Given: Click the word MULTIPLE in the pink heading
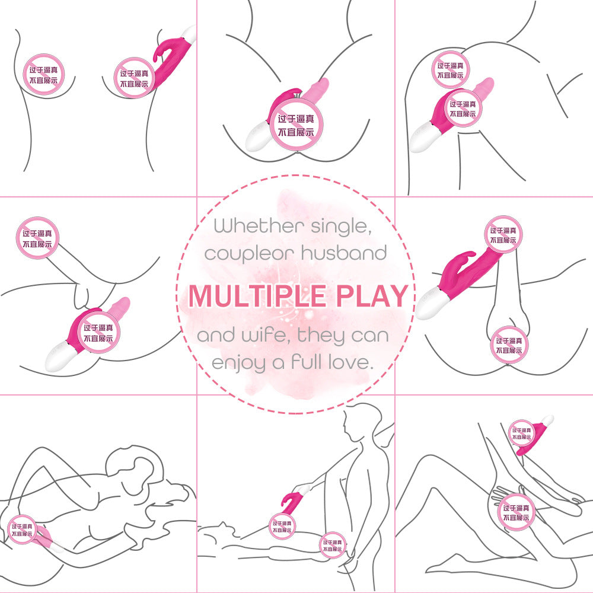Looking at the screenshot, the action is click(x=257, y=296).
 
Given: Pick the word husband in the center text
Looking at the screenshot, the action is click(x=344, y=253).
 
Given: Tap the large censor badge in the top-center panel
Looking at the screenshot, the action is click(x=296, y=125).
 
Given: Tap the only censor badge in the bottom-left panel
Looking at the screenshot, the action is click(x=22, y=530).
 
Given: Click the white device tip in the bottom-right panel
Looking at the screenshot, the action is click(x=547, y=420).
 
